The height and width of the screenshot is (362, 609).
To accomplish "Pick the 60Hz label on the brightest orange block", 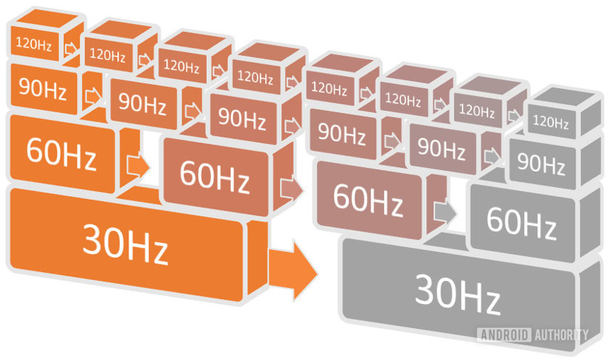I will tap(61, 155).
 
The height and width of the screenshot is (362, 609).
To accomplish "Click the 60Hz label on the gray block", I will tap(521, 219).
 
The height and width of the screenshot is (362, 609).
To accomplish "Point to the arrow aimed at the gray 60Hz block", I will tap(444, 211).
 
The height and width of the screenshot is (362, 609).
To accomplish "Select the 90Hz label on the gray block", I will tap(542, 166).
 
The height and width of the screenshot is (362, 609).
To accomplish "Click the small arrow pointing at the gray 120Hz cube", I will tap(513, 114).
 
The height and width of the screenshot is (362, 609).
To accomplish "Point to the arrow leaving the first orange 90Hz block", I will tap(92, 96).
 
